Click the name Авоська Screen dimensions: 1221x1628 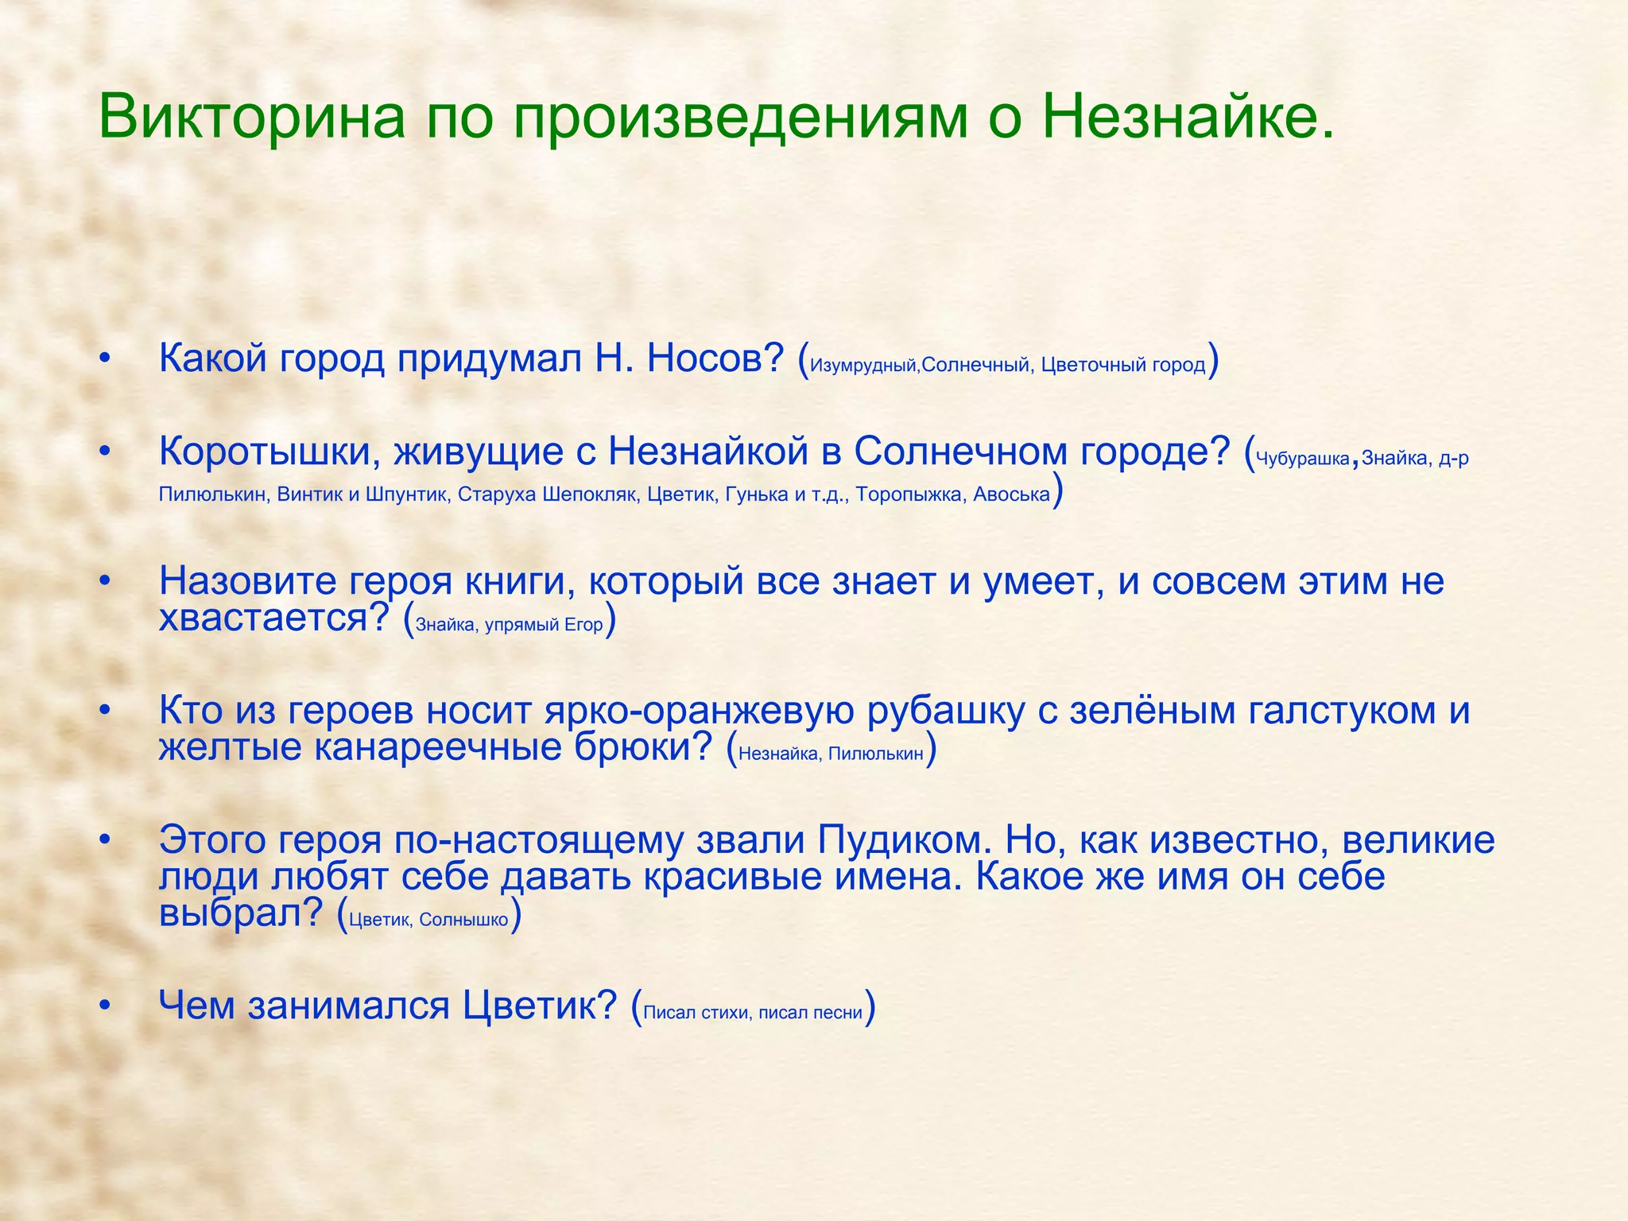tap(1011, 495)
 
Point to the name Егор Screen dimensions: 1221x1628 tap(583, 626)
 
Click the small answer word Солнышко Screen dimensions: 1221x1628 tap(463, 921)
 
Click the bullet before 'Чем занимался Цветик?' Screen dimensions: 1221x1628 tap(104, 1006)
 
